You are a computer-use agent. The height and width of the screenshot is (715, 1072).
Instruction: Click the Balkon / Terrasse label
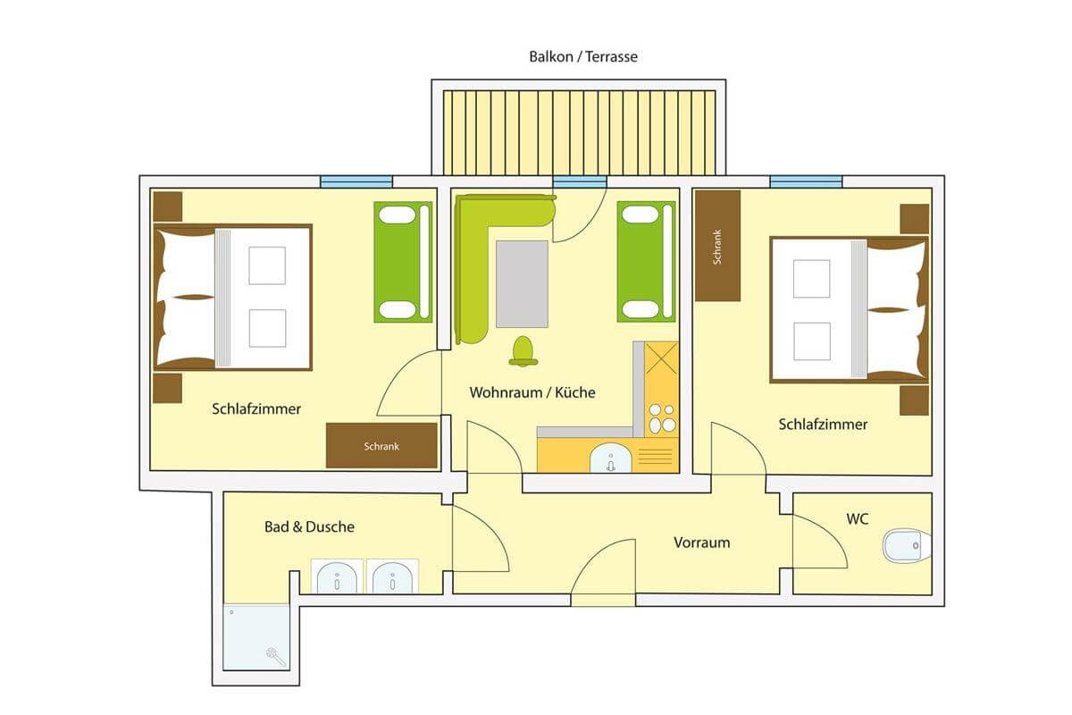pos(582,57)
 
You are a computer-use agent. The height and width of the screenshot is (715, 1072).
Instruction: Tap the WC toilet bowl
pos(907,545)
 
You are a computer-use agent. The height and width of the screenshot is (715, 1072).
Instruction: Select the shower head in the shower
pos(276,656)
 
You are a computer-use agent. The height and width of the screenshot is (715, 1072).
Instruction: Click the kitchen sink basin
pos(610,458)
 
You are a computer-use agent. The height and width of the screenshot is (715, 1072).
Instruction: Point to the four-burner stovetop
pos(662,418)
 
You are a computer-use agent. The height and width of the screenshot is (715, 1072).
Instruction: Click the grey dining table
pos(522,284)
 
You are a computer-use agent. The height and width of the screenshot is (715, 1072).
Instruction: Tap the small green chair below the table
pos(523,351)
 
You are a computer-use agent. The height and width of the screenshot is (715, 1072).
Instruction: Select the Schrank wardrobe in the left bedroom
pos(381,445)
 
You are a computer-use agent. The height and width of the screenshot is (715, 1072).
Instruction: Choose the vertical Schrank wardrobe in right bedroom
pos(718,246)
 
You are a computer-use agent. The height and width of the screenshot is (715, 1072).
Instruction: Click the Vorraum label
pos(701,543)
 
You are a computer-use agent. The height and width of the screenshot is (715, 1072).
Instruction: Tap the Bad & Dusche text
pos(309,526)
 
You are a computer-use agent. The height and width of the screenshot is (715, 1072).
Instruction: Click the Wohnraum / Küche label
pos(532,392)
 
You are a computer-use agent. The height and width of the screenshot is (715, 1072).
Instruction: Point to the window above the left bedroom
pos(356,182)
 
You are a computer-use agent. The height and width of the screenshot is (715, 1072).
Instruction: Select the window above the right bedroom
pos(806,182)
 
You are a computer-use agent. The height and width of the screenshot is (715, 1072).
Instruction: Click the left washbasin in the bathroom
pos(337,576)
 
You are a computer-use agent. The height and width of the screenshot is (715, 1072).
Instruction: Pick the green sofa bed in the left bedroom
pos(403,262)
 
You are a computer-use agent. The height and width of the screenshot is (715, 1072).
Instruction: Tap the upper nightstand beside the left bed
pos(168,206)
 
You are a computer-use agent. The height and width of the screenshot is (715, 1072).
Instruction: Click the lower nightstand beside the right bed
pos(914,400)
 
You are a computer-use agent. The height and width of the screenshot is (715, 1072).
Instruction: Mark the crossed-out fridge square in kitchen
pos(661,357)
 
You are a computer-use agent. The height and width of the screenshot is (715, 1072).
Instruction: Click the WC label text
pos(857,519)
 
